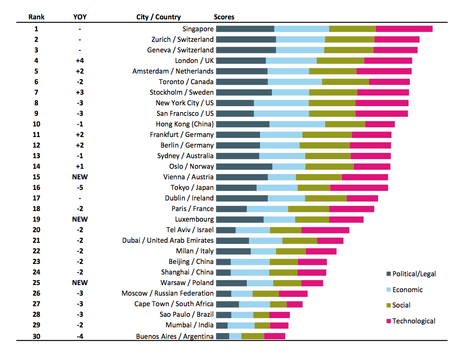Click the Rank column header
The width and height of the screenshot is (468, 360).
point(36,17)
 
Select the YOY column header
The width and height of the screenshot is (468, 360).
point(80,17)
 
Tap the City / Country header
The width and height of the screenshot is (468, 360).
point(159,17)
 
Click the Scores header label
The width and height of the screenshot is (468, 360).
point(224,17)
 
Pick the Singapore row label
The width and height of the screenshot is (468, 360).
point(198,29)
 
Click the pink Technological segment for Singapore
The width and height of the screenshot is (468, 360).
point(404,29)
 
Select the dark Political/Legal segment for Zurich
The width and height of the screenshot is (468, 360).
point(246,40)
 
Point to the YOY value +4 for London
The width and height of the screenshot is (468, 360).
point(80,61)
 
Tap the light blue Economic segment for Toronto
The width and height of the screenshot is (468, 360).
point(295,82)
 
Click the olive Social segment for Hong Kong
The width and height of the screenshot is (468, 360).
point(345,124)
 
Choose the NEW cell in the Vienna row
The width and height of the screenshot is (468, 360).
point(80,177)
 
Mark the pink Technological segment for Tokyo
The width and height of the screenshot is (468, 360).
point(359,188)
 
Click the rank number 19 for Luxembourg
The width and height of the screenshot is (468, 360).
point(36,219)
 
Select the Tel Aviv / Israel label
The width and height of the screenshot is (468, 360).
point(190,230)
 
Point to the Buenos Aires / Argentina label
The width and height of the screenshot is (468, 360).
point(175,336)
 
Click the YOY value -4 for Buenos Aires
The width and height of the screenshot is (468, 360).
point(80,336)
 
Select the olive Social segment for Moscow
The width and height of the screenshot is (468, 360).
point(266,293)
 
